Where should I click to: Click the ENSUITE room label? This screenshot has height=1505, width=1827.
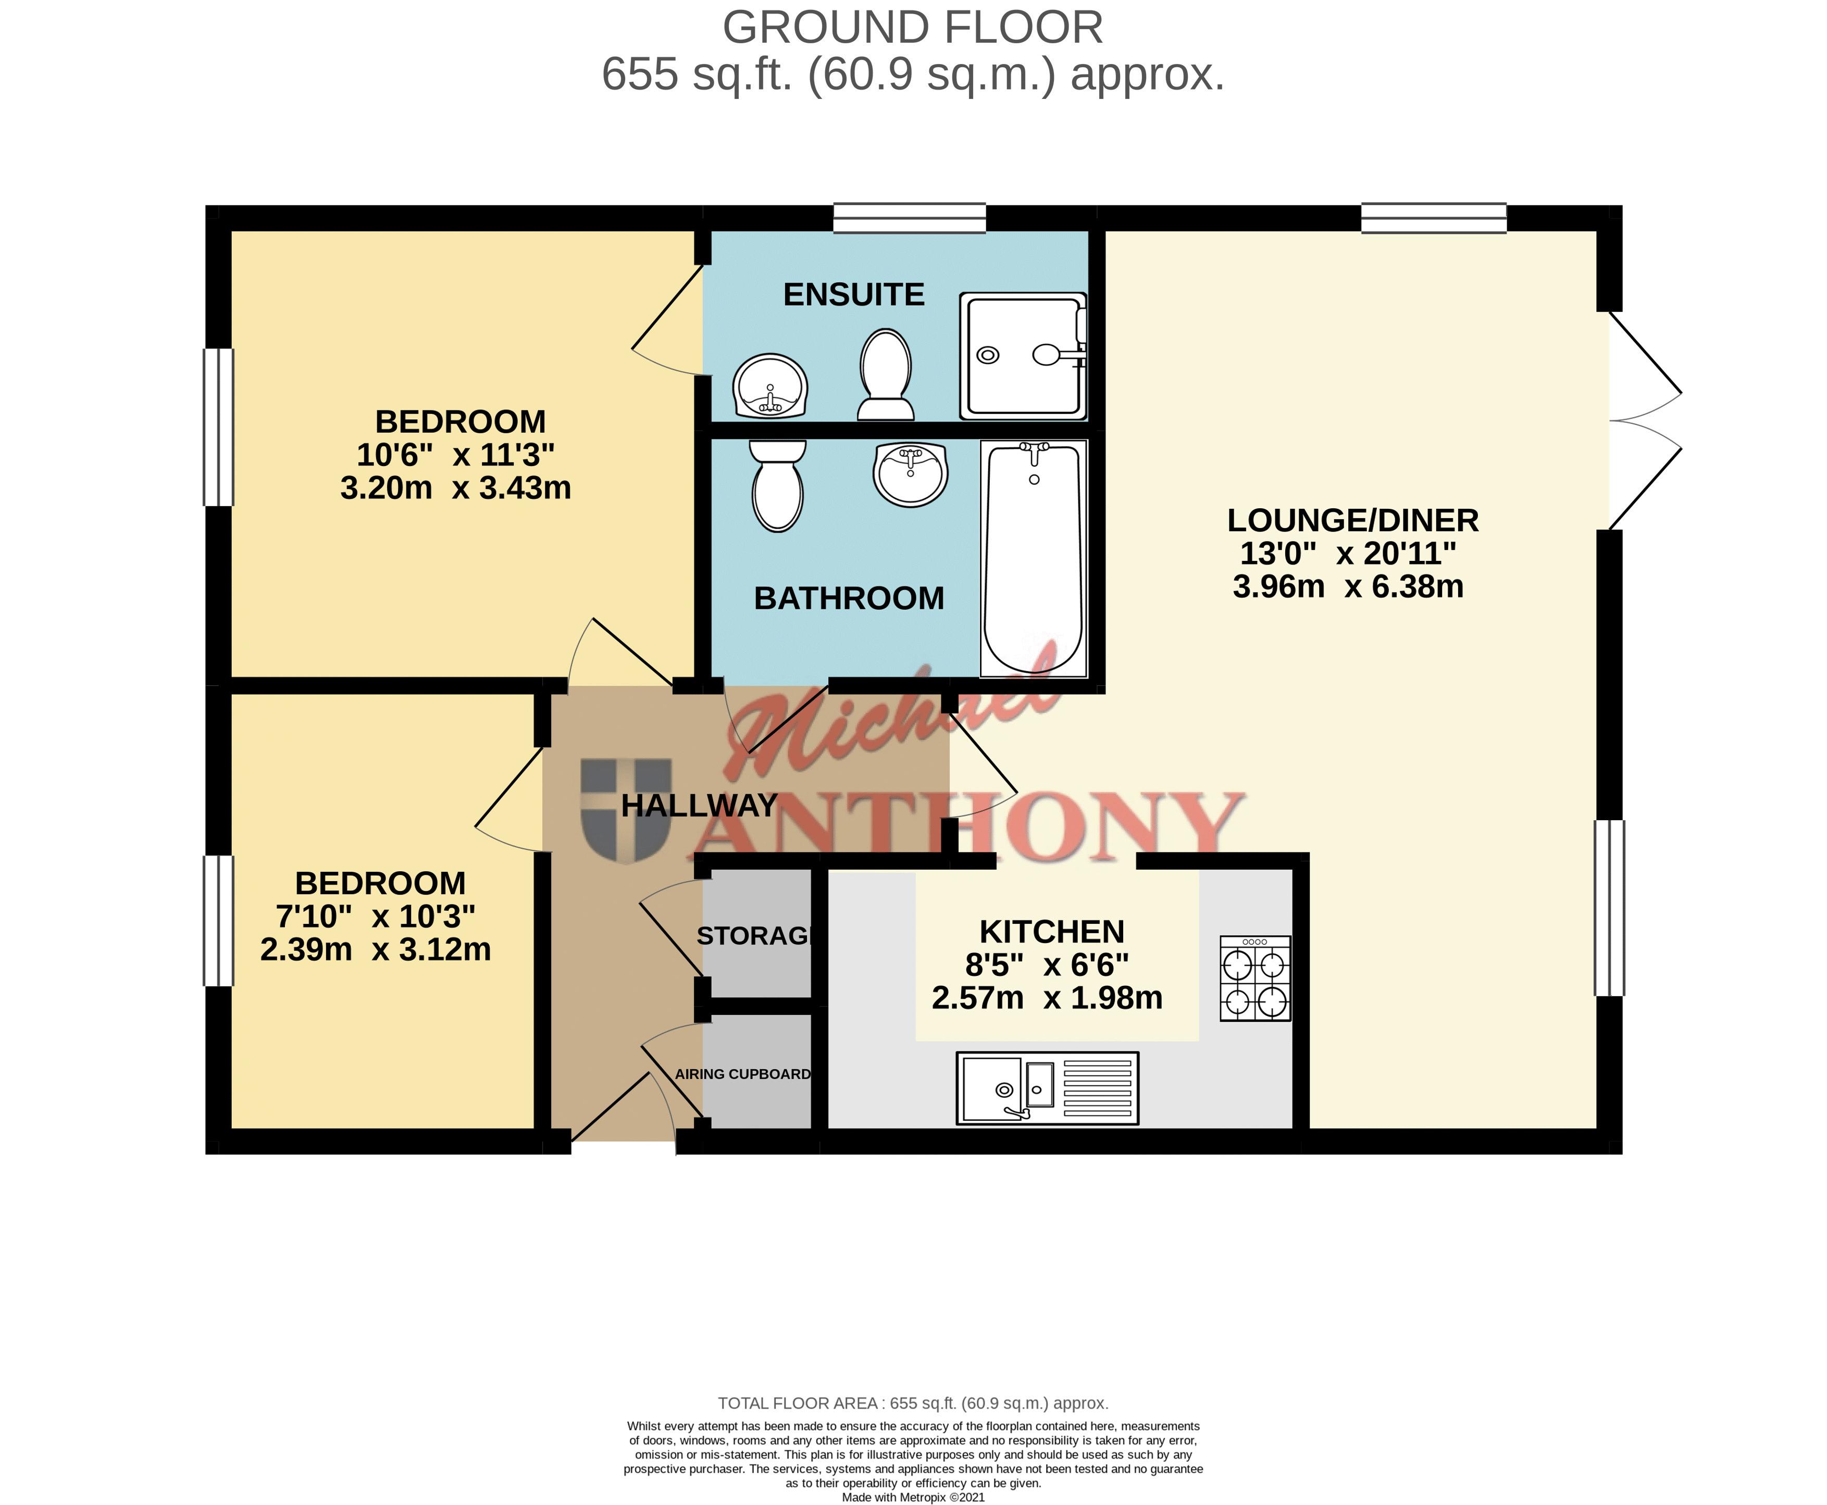[853, 295]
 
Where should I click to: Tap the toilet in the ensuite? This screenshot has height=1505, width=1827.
[885, 374]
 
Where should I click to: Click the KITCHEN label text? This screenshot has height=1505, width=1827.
[1052, 932]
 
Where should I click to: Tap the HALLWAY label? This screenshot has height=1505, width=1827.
[699, 806]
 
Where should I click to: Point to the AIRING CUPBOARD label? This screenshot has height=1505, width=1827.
[743, 1074]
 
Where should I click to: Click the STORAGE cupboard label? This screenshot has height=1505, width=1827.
[754, 936]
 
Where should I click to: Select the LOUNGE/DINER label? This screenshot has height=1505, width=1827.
[1353, 520]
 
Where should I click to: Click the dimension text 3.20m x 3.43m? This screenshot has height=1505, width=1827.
[455, 488]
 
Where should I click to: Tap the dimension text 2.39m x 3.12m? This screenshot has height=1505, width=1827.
[376, 949]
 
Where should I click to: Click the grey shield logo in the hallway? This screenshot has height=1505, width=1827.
[626, 811]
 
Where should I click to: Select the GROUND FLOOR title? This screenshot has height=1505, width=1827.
[913, 28]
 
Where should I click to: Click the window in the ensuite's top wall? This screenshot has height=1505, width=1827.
[910, 218]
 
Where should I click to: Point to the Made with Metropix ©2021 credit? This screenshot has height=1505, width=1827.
[913, 1497]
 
